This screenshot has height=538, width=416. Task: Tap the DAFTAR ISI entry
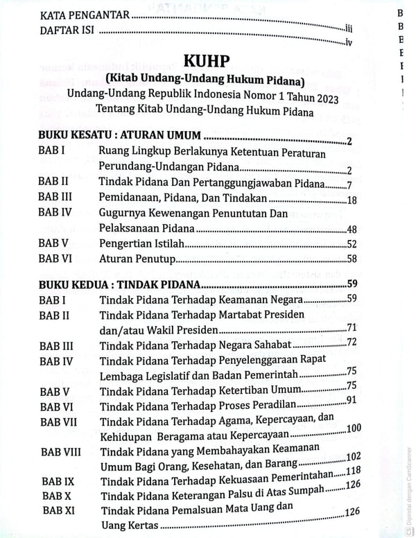69,31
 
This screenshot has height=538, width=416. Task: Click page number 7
351,184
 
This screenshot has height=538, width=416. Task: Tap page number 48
351,229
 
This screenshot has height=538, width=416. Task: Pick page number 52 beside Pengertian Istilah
351,244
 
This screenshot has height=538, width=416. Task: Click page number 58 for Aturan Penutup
351,259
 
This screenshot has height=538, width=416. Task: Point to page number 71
352,327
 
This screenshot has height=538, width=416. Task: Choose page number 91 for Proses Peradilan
352,401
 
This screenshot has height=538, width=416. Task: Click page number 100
353,428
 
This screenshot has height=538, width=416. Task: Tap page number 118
353,472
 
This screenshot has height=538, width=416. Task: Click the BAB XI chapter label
58,510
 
